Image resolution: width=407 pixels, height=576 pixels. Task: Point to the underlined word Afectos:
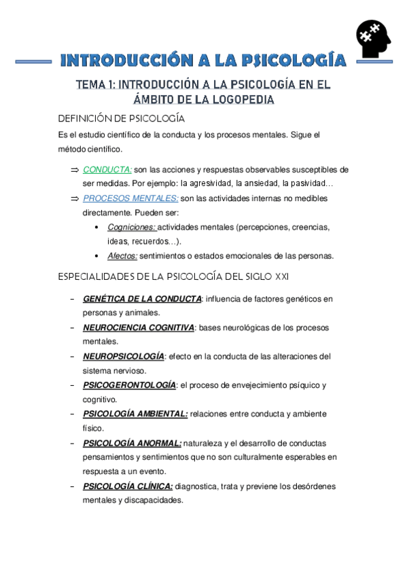122,256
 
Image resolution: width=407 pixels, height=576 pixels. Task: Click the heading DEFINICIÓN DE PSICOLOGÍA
121,119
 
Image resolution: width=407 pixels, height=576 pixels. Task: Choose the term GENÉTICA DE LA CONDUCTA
142,298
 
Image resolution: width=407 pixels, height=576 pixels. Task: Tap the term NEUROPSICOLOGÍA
124,356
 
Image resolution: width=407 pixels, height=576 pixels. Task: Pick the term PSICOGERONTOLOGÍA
129,385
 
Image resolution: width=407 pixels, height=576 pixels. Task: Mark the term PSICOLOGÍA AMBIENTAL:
135,414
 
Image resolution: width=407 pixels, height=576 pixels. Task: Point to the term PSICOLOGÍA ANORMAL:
132,443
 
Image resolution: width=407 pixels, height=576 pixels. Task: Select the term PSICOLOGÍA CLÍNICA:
128,486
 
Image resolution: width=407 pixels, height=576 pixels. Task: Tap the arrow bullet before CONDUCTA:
75,170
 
